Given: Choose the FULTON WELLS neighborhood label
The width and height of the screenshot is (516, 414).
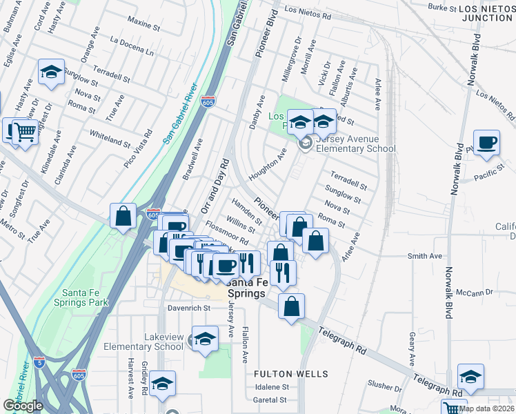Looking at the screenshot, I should (290, 374).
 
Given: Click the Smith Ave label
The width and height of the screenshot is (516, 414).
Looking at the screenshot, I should (425, 256).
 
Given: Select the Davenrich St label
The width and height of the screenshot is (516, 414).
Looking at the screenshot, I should (188, 308).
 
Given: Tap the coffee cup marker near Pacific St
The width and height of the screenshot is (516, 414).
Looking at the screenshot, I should (487, 141).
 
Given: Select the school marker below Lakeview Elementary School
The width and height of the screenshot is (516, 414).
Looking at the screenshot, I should (162, 384).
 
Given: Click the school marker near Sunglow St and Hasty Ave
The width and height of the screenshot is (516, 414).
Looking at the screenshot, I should (52, 72).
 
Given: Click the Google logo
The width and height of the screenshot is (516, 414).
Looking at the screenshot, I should (23, 406).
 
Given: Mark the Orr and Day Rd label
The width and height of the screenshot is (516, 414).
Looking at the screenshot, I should (215, 186).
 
